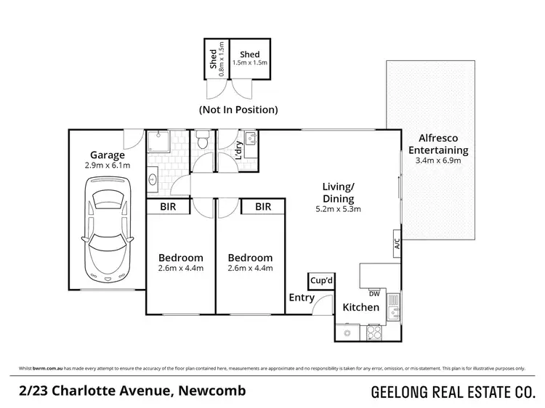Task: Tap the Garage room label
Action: pyautogui.click(x=107, y=155)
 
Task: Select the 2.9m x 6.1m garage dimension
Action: pyautogui.click(x=107, y=166)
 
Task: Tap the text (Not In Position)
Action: pyautogui.click(x=238, y=110)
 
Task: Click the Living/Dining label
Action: pyautogui.click(x=338, y=192)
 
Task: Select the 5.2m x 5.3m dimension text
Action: pyautogui.click(x=338, y=209)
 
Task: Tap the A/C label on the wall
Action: pyautogui.click(x=397, y=243)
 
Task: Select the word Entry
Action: pyautogui.click(x=302, y=298)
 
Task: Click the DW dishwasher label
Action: pyautogui.click(x=375, y=294)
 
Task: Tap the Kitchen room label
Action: pyautogui.click(x=361, y=308)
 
